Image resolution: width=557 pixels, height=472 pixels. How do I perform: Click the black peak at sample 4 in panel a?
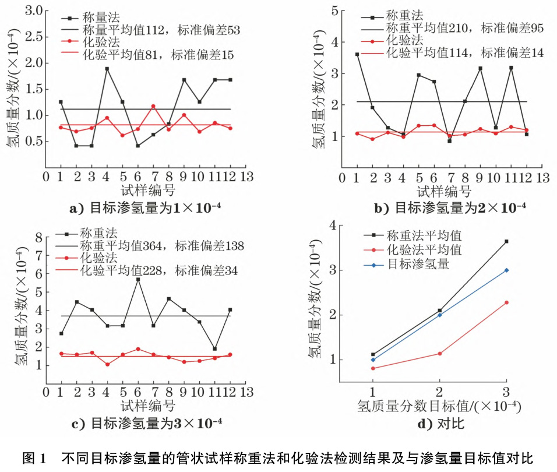[107, 69]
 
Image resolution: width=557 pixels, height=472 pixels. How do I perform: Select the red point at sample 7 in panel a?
[153, 107]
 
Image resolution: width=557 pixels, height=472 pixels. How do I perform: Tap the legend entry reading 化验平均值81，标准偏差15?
[158, 55]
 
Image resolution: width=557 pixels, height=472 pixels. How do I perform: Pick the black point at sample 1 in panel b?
[357, 54]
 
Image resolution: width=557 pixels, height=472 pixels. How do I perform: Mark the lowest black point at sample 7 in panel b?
[449, 141]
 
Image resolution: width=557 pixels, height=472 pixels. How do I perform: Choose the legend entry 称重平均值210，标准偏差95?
[464, 27]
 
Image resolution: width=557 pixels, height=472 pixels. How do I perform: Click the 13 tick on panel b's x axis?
[542, 176]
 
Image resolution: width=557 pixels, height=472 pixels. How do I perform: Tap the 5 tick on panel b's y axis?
[333, 10]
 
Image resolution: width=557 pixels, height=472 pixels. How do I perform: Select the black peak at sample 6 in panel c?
[138, 280]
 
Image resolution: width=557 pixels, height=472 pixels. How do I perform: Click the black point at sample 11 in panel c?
[215, 349]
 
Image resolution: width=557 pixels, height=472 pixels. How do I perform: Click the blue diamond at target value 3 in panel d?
[506, 270]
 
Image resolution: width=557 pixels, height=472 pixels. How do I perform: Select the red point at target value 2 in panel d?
[440, 354]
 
